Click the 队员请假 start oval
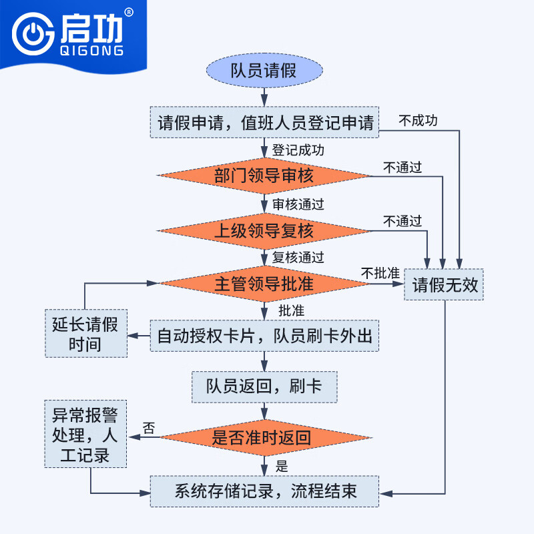[x=264, y=70]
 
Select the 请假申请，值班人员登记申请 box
[x=264, y=123]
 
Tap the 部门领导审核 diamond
[x=264, y=176]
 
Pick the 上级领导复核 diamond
[x=264, y=231]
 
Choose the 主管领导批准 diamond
[x=264, y=284]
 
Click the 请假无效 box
[x=445, y=285]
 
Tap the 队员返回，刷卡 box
[x=264, y=386]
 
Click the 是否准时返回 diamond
[x=264, y=438]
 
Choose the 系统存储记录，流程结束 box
[x=264, y=492]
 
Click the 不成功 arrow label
[x=419, y=121]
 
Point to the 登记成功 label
[x=298, y=150]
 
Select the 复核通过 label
[x=298, y=258]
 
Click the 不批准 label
[x=380, y=273]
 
